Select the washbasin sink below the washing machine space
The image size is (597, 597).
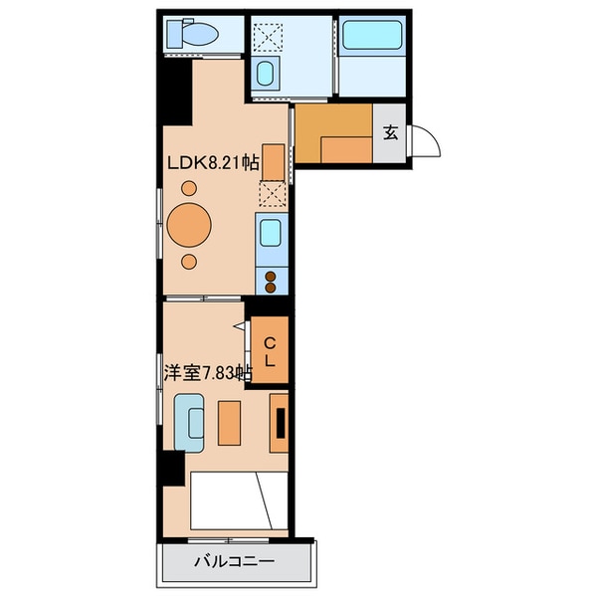[x=266, y=73]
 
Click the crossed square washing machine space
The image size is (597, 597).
[x=267, y=38]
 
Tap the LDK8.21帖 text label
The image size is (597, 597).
[x=213, y=162]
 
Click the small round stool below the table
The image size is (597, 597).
[x=189, y=262]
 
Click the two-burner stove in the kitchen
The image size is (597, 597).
[x=272, y=281]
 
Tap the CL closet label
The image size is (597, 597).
[x=270, y=350]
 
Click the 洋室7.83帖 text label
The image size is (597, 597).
[x=207, y=374]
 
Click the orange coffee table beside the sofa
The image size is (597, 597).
[x=230, y=423]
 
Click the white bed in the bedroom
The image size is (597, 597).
[x=239, y=500]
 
